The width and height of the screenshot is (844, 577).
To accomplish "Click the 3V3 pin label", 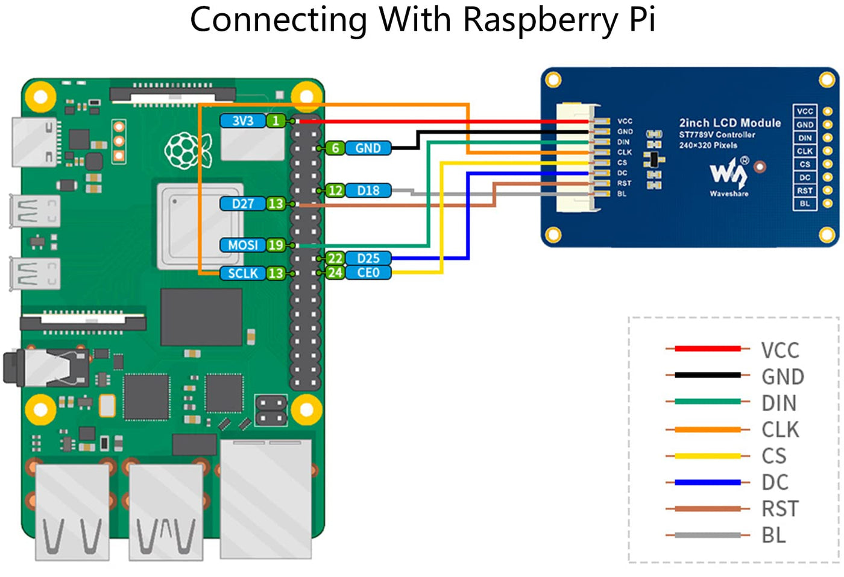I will (242, 121).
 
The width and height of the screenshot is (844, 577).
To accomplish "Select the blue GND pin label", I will (368, 148).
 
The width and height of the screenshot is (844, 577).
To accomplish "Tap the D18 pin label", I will (368, 191).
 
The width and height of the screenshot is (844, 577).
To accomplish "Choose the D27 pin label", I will (242, 204).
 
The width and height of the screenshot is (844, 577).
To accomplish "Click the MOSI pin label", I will (242, 245).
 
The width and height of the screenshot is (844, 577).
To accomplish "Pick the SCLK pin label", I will (242, 273).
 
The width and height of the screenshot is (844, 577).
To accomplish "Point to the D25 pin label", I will (368, 258).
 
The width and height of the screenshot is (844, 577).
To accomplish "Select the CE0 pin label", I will (368, 273).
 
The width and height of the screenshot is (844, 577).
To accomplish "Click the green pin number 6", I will (335, 148).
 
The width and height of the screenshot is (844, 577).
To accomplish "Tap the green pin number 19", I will (276, 245).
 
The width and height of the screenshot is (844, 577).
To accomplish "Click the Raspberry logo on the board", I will (187, 150).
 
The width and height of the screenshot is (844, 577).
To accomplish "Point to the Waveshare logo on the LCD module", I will (729, 174).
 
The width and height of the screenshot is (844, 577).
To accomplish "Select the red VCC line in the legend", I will (707, 348).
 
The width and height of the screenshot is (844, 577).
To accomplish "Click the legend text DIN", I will (778, 403).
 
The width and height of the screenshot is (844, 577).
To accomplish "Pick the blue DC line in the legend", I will (707, 482).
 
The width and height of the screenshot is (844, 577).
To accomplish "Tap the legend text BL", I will (773, 535).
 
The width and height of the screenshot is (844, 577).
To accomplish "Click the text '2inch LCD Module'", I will (729, 123).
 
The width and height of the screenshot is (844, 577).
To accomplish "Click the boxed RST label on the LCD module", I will (805, 191).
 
